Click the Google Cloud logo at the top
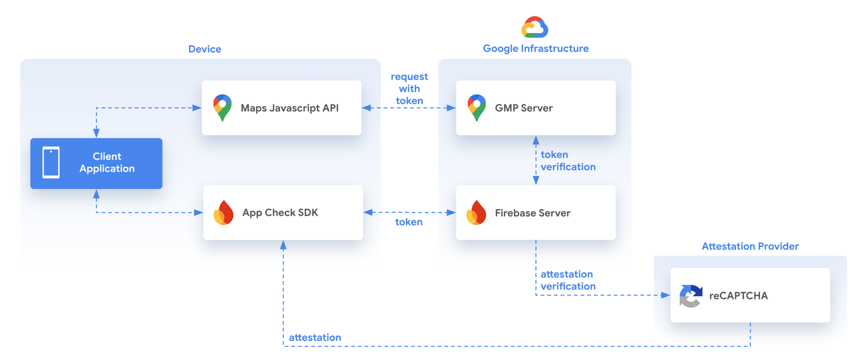(x=535, y=27)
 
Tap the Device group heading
(x=204, y=49)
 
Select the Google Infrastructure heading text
(x=536, y=48)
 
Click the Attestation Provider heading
(x=750, y=246)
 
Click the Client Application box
(x=96, y=163)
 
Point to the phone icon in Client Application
(x=51, y=162)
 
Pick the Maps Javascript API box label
(x=290, y=108)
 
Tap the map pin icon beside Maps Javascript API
(x=222, y=107)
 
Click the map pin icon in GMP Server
(x=476, y=107)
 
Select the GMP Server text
(x=523, y=108)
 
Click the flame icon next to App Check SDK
(x=224, y=212)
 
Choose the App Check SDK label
(x=280, y=212)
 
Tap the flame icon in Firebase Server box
(x=476, y=212)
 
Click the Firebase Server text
(x=532, y=213)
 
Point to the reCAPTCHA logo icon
(x=690, y=295)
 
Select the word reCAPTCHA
(x=739, y=295)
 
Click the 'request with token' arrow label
(x=409, y=88)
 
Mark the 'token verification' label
(x=567, y=161)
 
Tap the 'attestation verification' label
(x=567, y=280)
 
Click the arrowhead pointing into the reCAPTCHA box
(x=665, y=295)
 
